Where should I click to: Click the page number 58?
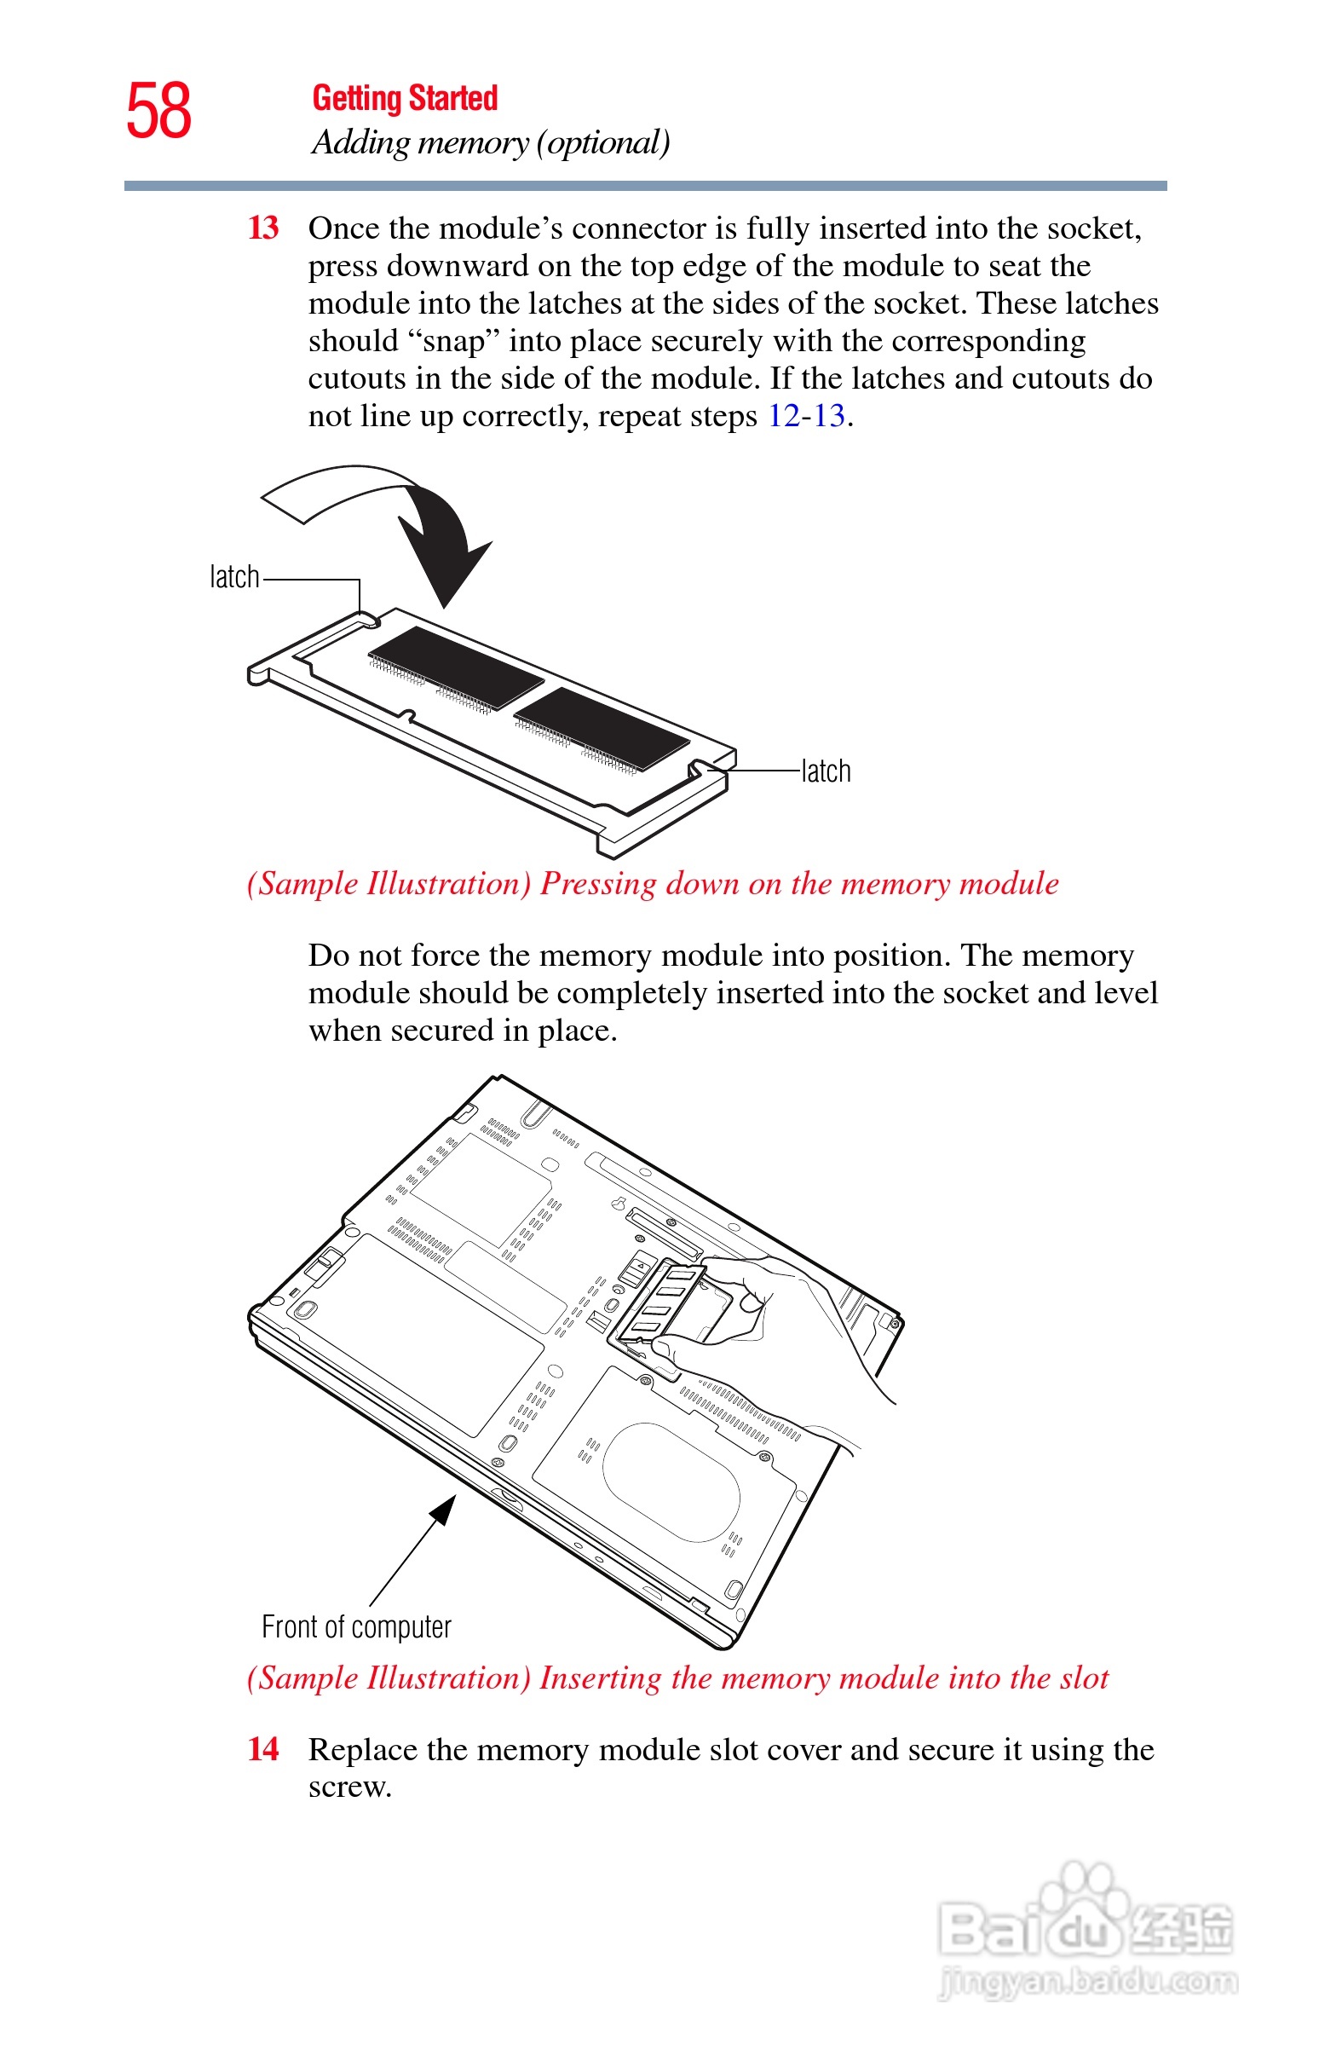158,112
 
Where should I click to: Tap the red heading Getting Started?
404,99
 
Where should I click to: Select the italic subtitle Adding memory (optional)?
490,142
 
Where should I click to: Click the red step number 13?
263,228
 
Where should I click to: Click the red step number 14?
263,1748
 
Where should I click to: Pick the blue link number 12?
783,415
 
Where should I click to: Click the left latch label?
233,577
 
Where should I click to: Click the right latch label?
826,771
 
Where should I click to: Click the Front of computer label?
356,1626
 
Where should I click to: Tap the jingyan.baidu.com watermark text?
1088,1982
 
